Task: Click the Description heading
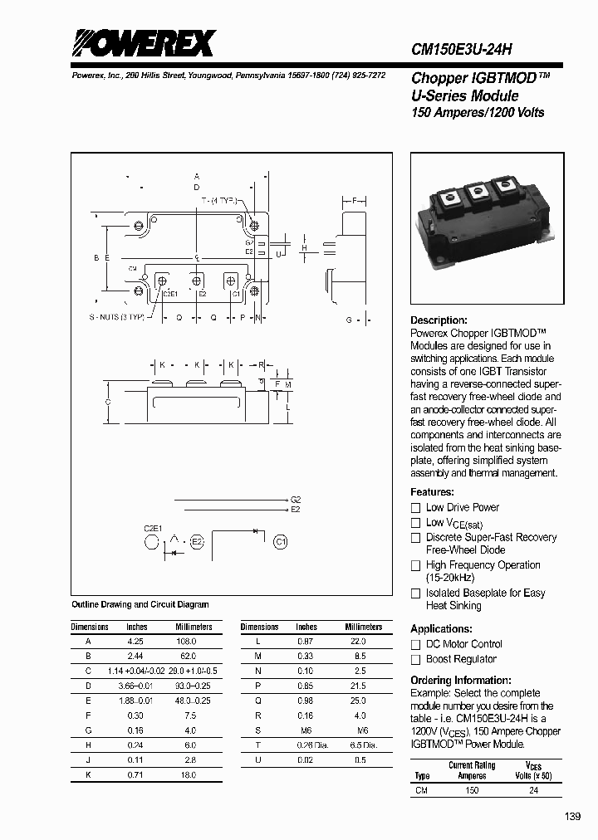pyautogui.click(x=439, y=320)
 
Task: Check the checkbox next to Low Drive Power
pyautogui.click(x=416, y=508)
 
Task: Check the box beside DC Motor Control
pyautogui.click(x=416, y=645)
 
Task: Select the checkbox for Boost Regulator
pyautogui.click(x=416, y=660)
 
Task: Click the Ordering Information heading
pyautogui.click(x=461, y=680)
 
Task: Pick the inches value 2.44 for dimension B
pyautogui.click(x=135, y=656)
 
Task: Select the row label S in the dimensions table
pyautogui.click(x=258, y=730)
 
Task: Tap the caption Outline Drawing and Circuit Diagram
pyautogui.click(x=140, y=605)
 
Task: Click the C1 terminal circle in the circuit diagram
pyautogui.click(x=281, y=542)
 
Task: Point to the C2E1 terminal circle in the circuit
pyautogui.click(x=151, y=543)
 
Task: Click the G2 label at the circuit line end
pyautogui.click(x=295, y=500)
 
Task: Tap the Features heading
pyautogui.click(x=432, y=492)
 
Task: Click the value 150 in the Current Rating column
pyautogui.click(x=471, y=790)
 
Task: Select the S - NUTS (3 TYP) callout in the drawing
pyautogui.click(x=120, y=318)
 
